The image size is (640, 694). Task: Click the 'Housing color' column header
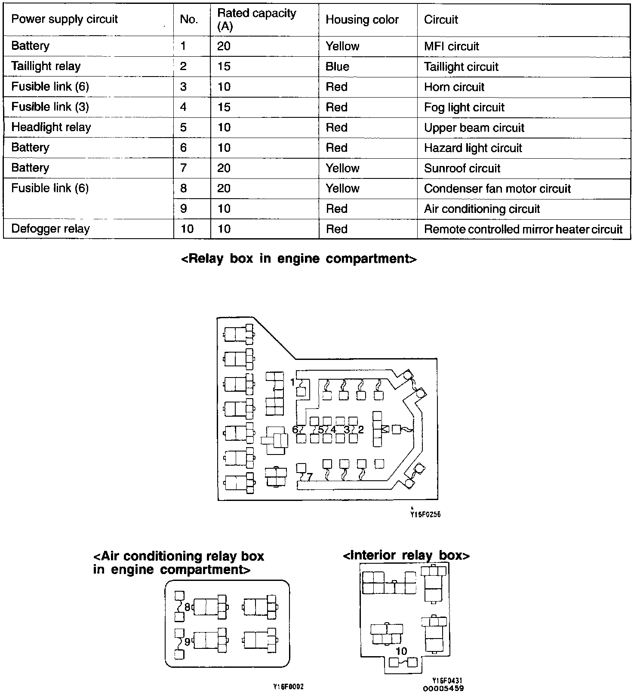tap(362, 20)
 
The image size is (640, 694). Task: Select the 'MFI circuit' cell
tap(451, 46)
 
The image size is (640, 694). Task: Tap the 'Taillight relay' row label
tap(46, 66)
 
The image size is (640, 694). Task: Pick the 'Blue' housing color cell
tap(337, 67)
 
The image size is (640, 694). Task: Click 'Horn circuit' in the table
tap(454, 87)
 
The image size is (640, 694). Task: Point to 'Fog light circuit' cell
tap(464, 107)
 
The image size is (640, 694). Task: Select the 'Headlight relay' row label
tap(51, 127)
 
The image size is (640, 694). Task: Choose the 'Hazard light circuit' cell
tap(473, 148)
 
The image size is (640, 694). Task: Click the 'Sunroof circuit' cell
tap(462, 168)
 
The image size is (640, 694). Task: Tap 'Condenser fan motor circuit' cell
tap(497, 188)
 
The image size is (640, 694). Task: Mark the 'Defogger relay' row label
tap(50, 229)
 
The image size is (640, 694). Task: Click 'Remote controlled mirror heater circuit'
tap(523, 229)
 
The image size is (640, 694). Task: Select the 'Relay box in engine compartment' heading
tap(299, 258)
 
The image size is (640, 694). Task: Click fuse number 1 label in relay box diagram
tap(292, 382)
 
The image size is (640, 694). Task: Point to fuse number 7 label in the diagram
tap(309, 476)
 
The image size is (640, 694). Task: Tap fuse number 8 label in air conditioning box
tap(187, 607)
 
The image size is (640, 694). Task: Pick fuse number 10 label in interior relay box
tap(401, 651)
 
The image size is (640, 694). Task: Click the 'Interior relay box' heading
tap(406, 556)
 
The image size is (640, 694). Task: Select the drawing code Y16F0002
tap(288, 687)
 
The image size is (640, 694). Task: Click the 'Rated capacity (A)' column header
tap(256, 20)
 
